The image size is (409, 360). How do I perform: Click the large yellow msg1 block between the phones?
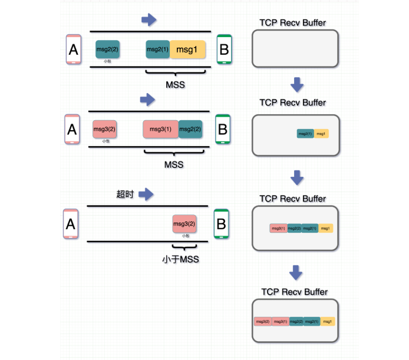[188, 49]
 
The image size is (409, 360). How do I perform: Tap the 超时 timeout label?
[126, 194]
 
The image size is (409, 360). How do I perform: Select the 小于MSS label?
[181, 259]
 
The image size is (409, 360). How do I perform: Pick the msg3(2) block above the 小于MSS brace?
[184, 224]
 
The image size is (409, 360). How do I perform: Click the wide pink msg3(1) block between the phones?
[160, 129]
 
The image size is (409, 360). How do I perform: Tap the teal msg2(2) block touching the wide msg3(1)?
[190, 129]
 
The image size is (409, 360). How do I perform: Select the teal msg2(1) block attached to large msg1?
[158, 49]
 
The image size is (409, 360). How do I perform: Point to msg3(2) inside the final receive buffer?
[262, 322]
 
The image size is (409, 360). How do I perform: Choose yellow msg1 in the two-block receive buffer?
[321, 134]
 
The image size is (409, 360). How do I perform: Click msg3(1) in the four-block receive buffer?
[278, 228]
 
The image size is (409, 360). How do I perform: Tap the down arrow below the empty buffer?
[297, 85]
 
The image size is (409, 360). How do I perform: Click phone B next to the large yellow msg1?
[224, 49]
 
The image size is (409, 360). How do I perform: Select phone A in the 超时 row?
[70, 224]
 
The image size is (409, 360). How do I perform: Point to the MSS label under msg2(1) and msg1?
[175, 85]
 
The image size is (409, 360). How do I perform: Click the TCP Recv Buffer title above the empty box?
[293, 23]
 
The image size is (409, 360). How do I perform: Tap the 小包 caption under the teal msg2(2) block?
[107, 61]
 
